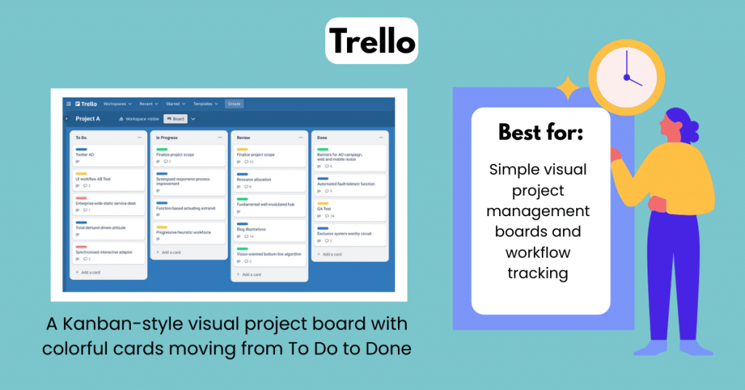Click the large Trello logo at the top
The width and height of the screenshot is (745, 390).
click(371, 41)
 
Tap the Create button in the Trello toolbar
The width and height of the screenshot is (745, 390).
click(234, 104)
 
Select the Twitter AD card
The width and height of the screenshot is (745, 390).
click(108, 156)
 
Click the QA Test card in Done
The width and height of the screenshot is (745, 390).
click(349, 210)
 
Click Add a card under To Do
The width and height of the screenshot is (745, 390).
click(91, 272)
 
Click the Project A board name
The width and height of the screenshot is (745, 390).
click(88, 119)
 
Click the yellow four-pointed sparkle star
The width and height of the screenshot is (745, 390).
click(567, 90)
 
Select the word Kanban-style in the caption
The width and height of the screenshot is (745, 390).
click(127, 322)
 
